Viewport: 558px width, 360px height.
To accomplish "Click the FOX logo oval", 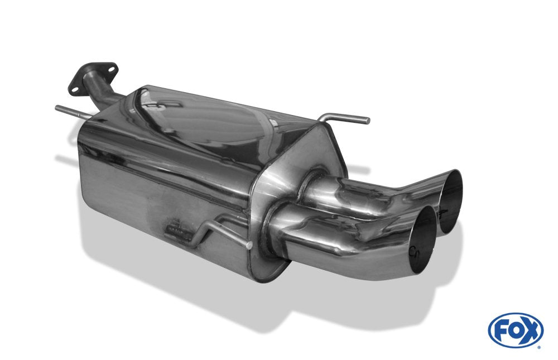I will [516, 330].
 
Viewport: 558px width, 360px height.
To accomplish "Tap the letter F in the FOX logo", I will [502, 330].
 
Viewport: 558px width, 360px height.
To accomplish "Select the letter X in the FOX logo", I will [530, 330].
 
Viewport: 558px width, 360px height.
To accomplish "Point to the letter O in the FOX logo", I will [516, 330].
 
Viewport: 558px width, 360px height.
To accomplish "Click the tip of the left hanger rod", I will [57, 107].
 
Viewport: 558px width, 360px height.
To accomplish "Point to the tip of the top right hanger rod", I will [367, 120].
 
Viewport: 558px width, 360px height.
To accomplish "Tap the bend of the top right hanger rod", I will [326, 117].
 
